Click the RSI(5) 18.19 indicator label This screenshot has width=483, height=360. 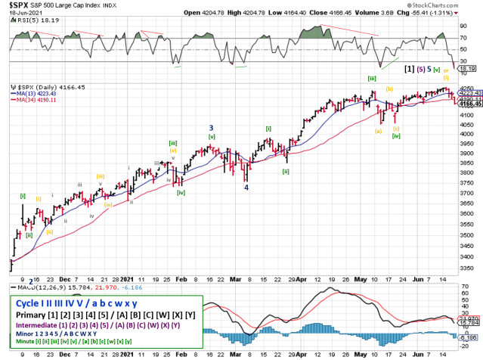point(32,22)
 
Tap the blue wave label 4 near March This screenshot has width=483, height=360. point(246,188)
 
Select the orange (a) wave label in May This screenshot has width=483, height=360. point(379,130)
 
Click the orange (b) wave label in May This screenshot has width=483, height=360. point(389,88)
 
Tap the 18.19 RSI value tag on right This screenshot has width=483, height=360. point(472,68)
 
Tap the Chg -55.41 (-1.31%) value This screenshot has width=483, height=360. point(444,12)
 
